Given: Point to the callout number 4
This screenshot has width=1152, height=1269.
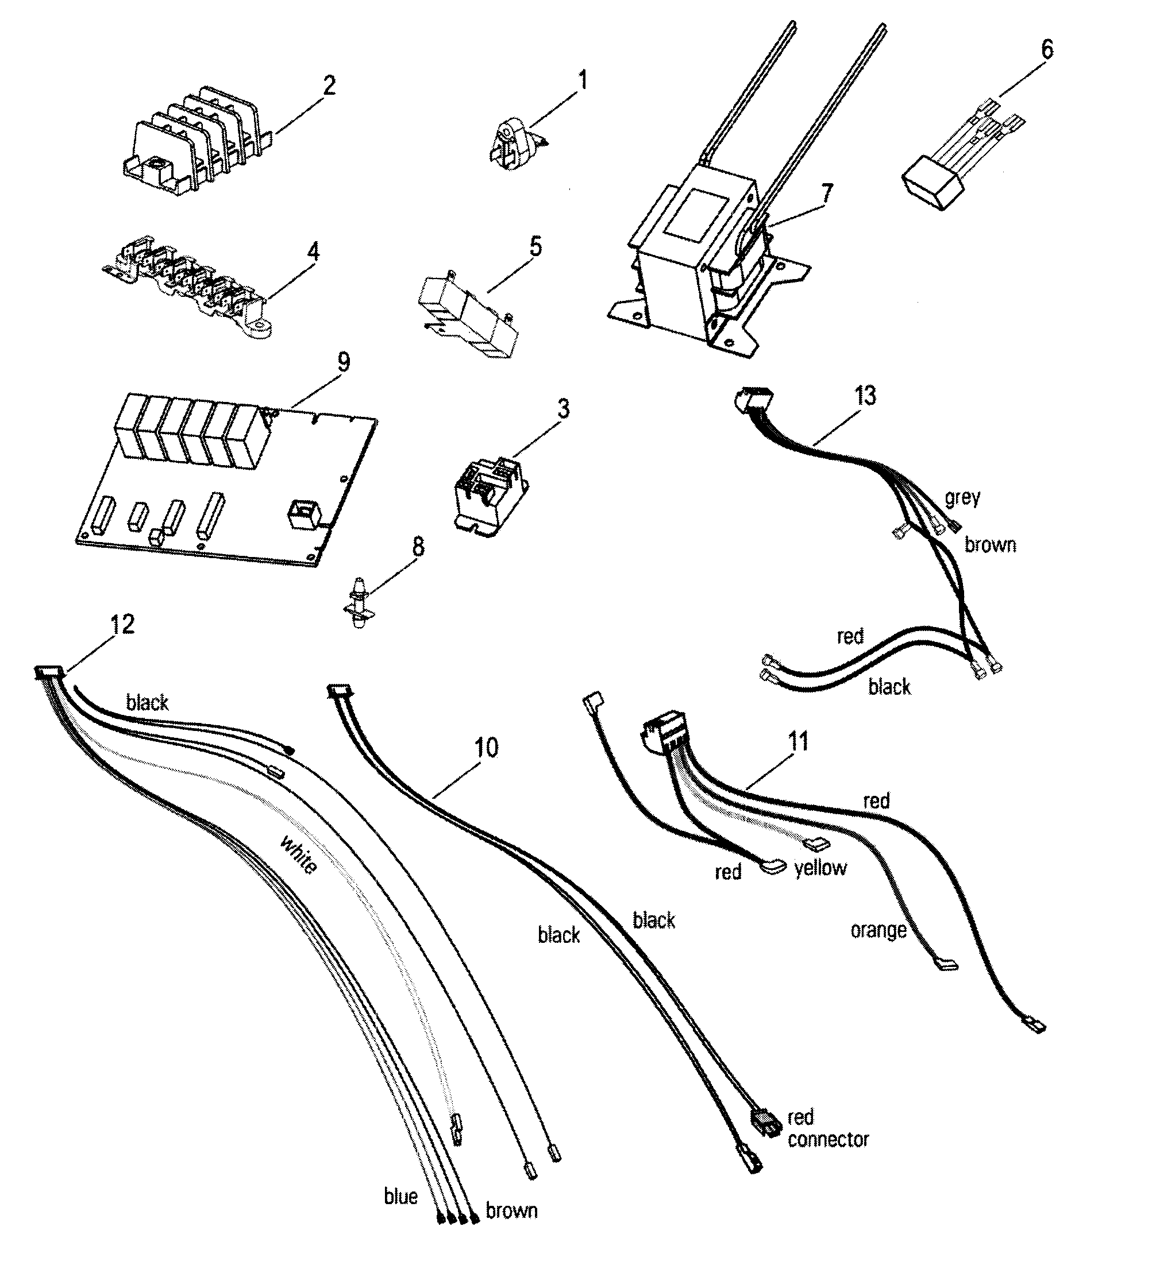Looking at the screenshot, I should pos(313,252).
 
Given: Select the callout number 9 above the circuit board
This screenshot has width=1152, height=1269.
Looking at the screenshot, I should pos(343,362).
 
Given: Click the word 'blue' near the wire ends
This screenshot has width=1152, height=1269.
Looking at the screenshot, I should pos(400,1196).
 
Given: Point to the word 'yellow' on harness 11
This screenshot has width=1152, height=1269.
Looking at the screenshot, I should pos(820,868).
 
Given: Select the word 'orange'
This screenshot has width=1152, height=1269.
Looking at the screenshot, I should pos(878,930).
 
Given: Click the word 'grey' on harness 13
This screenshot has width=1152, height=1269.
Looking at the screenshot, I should pos(962,498).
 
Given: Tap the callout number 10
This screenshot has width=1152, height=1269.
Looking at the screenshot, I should pos(486,748).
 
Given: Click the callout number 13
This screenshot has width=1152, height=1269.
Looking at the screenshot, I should pos(865,396).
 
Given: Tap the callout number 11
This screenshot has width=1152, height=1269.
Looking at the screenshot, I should pos(798,741).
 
